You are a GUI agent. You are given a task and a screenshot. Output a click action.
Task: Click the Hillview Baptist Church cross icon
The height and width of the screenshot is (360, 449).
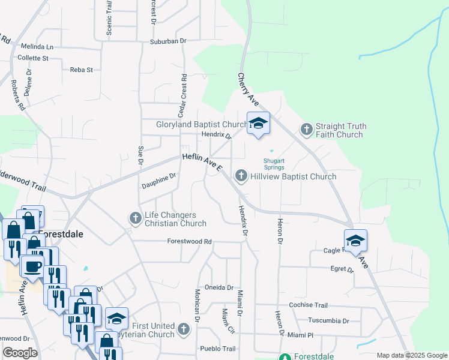pos(241,176)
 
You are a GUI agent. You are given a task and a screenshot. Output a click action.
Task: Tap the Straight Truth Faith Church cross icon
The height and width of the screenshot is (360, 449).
pos(306,130)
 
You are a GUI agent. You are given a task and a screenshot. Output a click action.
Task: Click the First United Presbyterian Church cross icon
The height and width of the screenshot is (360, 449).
pos(183,329)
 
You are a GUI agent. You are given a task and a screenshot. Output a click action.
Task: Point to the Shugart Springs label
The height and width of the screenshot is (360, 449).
pos(274,163)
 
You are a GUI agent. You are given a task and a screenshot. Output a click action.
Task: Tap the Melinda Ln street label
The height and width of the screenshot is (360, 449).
pos(37,46)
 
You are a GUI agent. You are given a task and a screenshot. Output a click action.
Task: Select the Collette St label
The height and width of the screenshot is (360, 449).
pos(33,58)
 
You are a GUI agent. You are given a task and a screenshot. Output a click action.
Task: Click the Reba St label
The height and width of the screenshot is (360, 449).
pos(82,70)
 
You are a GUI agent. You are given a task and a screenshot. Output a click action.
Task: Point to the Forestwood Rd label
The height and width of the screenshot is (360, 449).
pos(190,241)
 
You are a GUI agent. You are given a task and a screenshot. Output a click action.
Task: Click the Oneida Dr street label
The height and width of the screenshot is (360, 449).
pos(218,287)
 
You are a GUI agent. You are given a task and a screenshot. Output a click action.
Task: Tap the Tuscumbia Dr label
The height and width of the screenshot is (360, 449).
pos(328,320)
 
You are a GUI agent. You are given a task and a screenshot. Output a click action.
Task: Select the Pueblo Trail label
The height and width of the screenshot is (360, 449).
pos(218,349)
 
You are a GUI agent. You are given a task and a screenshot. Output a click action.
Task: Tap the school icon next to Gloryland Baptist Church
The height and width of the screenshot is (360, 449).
pos(258,124)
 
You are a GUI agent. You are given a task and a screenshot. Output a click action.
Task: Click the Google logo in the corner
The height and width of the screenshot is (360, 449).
pos(20,353)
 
